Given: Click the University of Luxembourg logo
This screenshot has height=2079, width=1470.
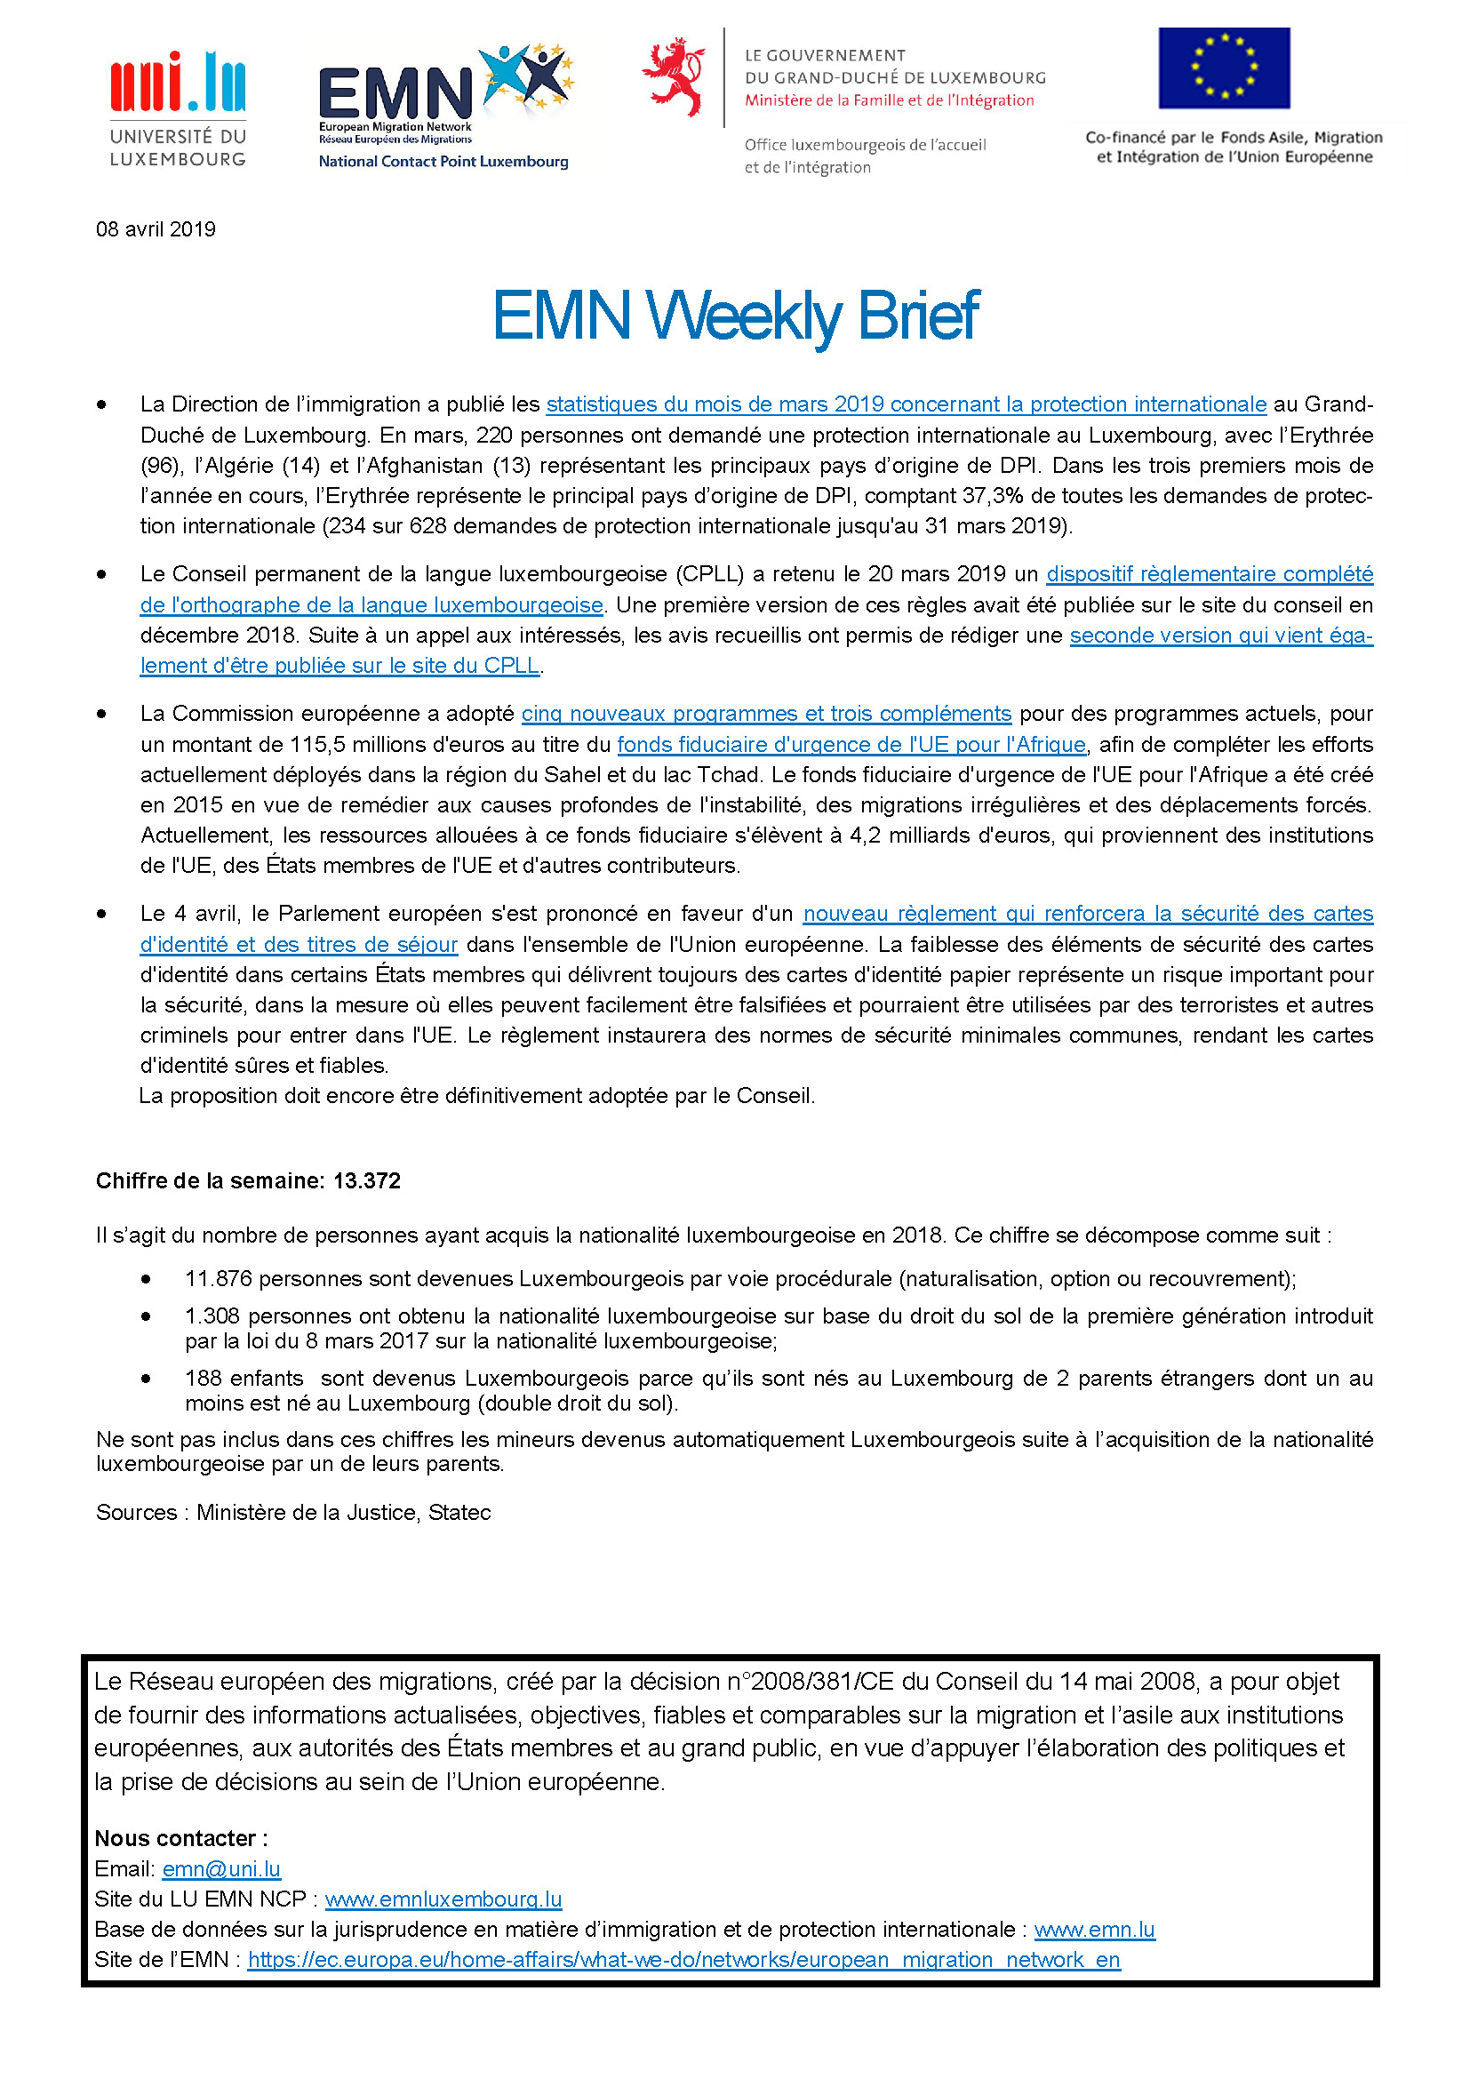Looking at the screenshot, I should pyautogui.click(x=178, y=108).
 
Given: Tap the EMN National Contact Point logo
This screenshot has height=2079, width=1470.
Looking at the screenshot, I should pyautogui.click(x=443, y=107).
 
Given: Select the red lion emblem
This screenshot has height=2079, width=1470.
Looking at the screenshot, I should pyautogui.click(x=674, y=76).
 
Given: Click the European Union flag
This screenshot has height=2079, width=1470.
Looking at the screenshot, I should pyautogui.click(x=1224, y=68).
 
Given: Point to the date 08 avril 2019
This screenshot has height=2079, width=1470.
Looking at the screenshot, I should pyautogui.click(x=156, y=229).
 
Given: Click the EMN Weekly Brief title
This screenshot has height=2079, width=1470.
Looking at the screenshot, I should pyautogui.click(x=735, y=316).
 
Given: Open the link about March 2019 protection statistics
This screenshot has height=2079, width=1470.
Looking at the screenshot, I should pyautogui.click(x=905, y=404).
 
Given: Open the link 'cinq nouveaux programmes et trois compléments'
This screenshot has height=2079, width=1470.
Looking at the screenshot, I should pyautogui.click(x=766, y=714).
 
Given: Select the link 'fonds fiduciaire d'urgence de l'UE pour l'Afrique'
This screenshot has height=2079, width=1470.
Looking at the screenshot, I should pyautogui.click(x=851, y=744).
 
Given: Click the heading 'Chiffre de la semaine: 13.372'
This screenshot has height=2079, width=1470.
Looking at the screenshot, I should pyautogui.click(x=248, y=1180).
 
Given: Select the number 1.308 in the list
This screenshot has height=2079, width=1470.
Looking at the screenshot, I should pyautogui.click(x=212, y=1315).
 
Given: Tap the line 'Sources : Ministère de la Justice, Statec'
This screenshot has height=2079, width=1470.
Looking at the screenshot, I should pyautogui.click(x=293, y=1512).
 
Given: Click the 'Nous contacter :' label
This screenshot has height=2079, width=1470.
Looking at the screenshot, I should pyautogui.click(x=181, y=1838).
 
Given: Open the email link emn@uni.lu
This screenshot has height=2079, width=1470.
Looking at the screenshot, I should pyautogui.click(x=222, y=1869).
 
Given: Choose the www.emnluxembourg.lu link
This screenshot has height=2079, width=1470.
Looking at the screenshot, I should pyautogui.click(x=443, y=1899).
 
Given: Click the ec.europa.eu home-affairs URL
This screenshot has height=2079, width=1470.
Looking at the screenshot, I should pyautogui.click(x=683, y=1960).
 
